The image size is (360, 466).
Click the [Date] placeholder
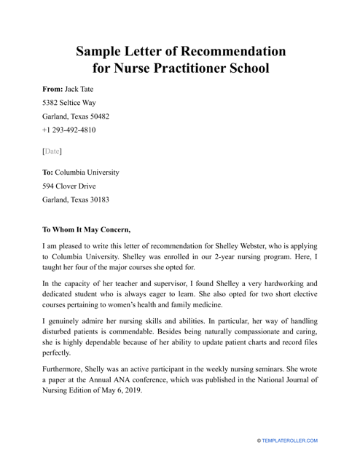pyautogui.click(x=52, y=151)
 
